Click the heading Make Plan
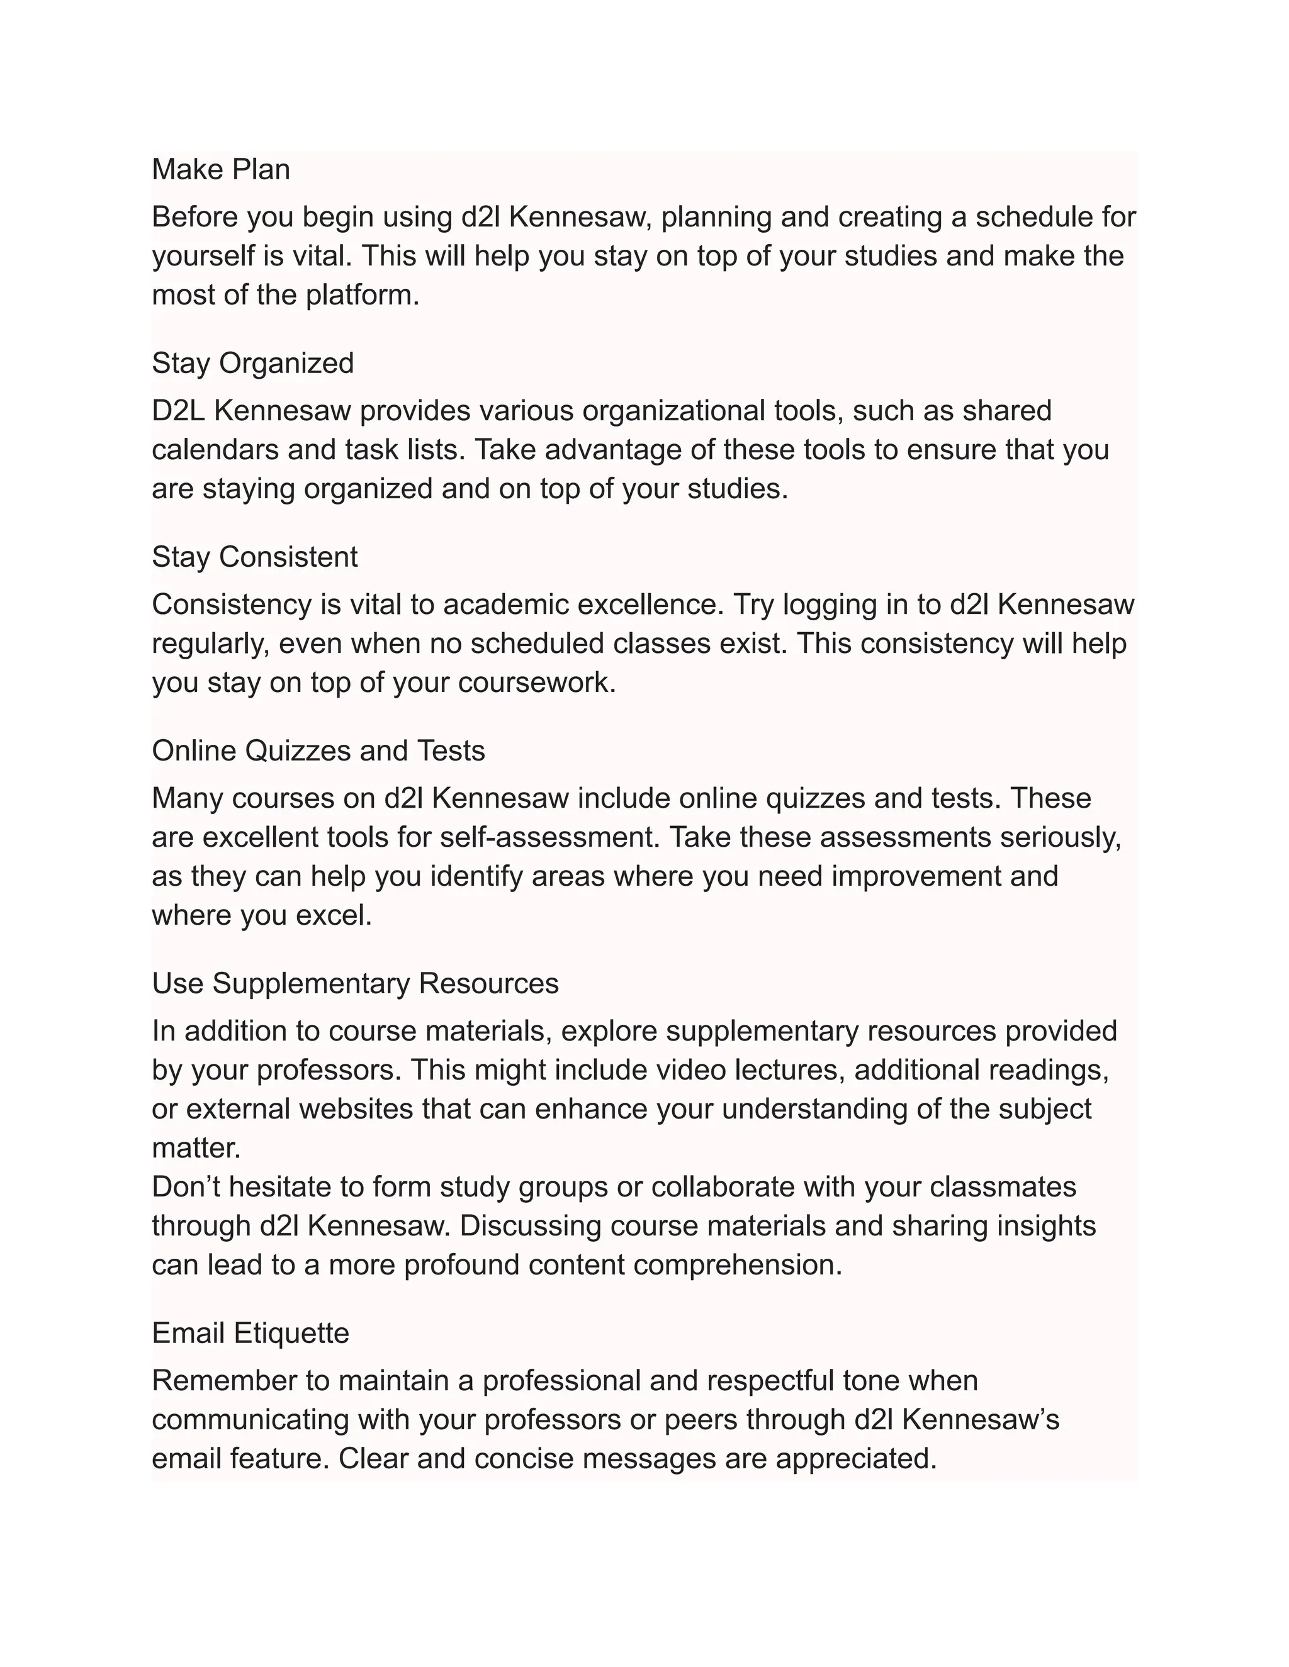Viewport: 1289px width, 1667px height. pyautogui.click(x=221, y=169)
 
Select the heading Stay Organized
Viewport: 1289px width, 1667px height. pyautogui.click(x=253, y=364)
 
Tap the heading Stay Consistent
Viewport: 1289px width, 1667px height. pyautogui.click(x=254, y=557)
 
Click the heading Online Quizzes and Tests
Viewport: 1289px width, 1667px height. pyautogui.click(x=318, y=751)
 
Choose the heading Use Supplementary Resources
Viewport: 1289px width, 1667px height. pyautogui.click(x=355, y=983)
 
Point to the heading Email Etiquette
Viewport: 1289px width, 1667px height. pyautogui.click(x=250, y=1333)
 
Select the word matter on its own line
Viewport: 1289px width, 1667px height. pyautogui.click(x=196, y=1148)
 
